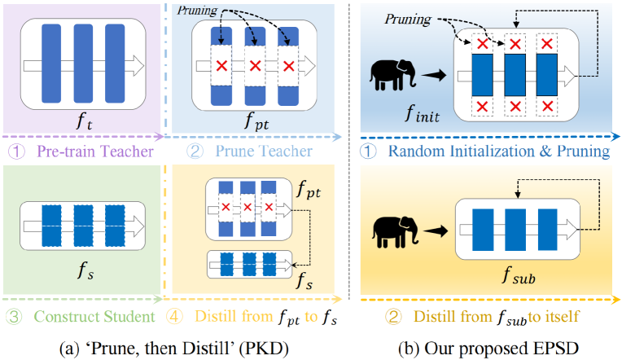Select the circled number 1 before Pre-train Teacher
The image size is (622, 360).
(x=13, y=151)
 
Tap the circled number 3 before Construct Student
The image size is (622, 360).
(x=13, y=316)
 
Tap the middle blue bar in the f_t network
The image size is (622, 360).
(x=84, y=64)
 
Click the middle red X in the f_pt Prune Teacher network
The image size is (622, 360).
(x=255, y=65)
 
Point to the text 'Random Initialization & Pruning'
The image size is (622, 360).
(x=499, y=151)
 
